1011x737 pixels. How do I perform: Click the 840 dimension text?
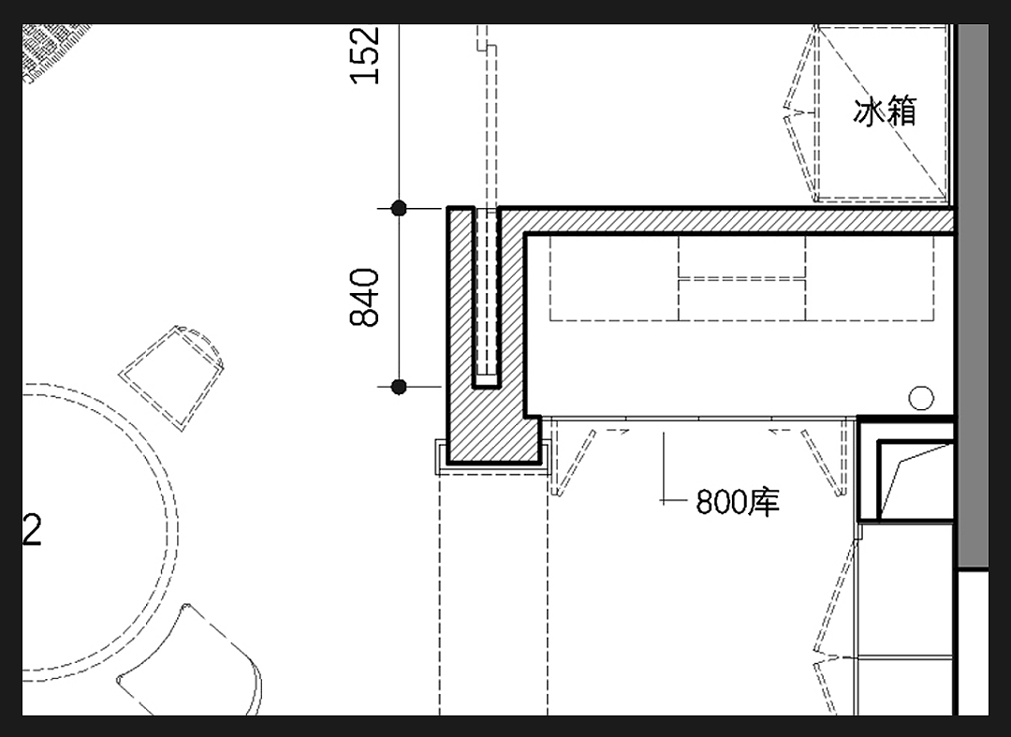365,297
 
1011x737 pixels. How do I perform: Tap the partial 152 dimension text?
365,55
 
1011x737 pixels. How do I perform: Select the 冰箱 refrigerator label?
885,111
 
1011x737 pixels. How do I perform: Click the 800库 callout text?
738,502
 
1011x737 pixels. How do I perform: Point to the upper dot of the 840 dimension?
399,208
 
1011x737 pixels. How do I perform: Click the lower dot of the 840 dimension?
399,387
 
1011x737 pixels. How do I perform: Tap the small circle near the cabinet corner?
921,398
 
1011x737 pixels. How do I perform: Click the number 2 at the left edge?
32,530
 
